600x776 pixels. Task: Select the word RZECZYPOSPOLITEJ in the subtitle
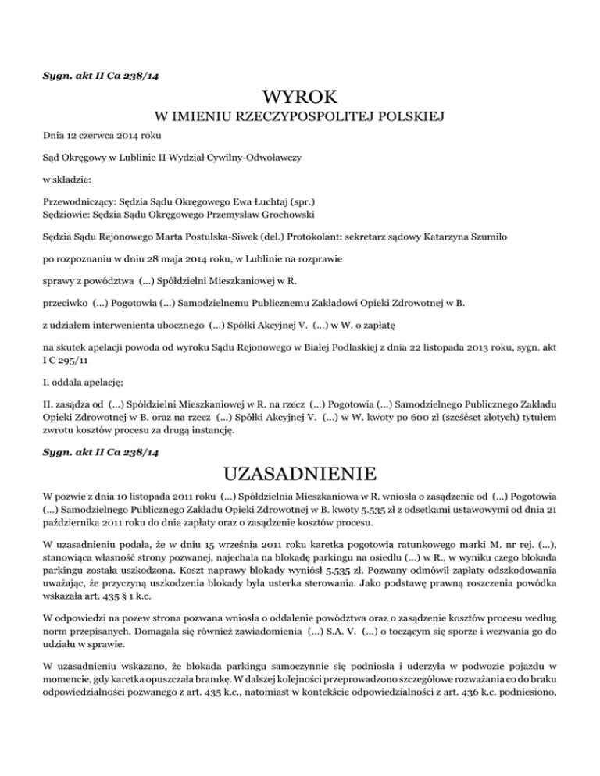(297, 118)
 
